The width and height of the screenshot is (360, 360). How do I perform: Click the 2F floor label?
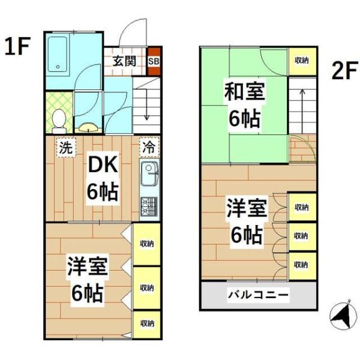[x=343, y=72]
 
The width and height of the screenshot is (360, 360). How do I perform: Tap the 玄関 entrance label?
[x=124, y=61]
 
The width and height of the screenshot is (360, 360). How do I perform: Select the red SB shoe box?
[x=154, y=61]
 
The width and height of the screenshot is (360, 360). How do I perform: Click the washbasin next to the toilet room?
[x=88, y=128]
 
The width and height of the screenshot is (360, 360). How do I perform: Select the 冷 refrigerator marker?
[x=148, y=146]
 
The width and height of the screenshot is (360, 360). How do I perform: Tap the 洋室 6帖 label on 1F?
[x=87, y=279]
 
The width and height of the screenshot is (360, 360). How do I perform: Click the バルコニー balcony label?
[x=258, y=295]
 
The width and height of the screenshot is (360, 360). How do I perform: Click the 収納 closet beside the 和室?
[x=301, y=61]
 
